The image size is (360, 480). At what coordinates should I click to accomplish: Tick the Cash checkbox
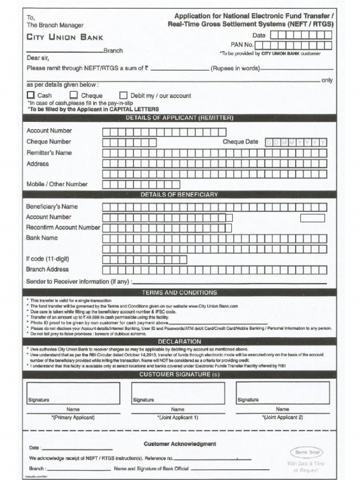click(30, 96)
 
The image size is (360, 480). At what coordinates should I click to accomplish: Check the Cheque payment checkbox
click(74, 96)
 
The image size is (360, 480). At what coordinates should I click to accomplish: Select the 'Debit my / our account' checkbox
click(124, 96)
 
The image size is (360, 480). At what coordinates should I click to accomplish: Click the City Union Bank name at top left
click(64, 37)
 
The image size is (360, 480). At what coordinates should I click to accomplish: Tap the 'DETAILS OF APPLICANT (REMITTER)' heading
click(180, 118)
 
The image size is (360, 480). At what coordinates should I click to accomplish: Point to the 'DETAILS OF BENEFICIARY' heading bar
click(180, 195)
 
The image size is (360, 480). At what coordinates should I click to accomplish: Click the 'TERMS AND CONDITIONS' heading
click(180, 292)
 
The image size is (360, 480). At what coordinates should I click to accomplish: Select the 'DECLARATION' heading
click(180, 342)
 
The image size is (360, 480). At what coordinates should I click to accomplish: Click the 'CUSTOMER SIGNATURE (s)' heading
click(180, 375)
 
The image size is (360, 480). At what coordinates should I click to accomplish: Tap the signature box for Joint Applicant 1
click(178, 393)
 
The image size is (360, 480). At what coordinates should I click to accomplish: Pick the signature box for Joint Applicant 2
click(282, 393)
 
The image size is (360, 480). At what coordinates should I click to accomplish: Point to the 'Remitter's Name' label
click(49, 153)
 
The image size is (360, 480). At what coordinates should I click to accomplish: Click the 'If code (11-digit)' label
click(48, 259)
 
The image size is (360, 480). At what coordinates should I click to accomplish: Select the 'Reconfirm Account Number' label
click(63, 227)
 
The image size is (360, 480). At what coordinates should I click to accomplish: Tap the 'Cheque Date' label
click(240, 142)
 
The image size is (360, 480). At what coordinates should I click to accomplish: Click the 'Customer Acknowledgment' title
click(180, 443)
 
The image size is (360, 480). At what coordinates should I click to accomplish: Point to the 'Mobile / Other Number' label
click(57, 184)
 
